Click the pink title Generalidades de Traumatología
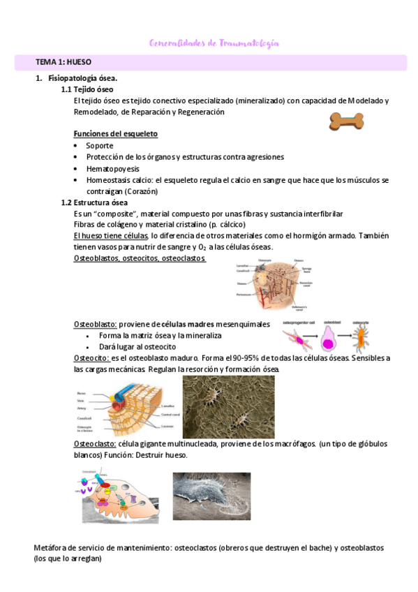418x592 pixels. pyautogui.click(x=214, y=43)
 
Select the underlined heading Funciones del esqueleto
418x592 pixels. pyautogui.click(x=115, y=133)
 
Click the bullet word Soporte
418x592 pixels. pyautogui.click(x=99, y=146)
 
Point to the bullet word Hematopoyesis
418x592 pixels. pyautogui.click(x=112, y=169)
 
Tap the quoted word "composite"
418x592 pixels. pyautogui.click(x=106, y=214)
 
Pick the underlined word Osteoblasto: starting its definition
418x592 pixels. pyautogui.click(x=95, y=325)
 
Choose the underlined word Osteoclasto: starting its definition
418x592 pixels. pyautogui.click(x=95, y=444)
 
